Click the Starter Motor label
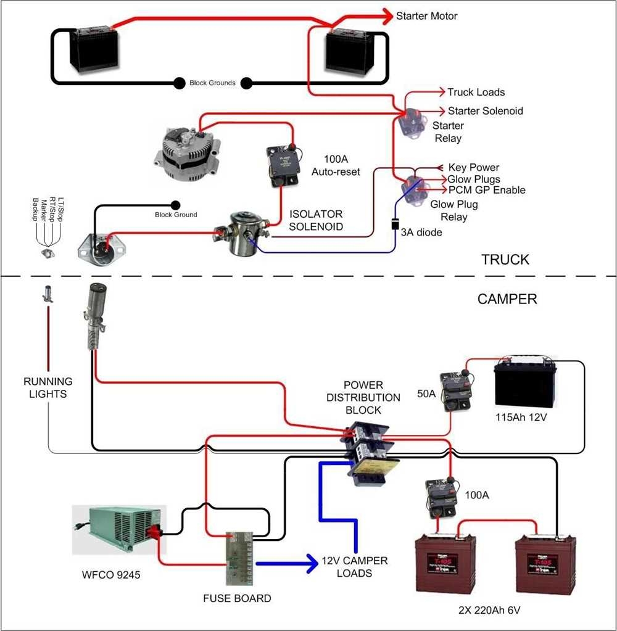coord(426,15)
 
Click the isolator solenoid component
coord(239,234)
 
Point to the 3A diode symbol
coord(395,224)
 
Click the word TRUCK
coord(505,260)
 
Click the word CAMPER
coord(507,299)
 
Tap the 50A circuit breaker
coord(456,391)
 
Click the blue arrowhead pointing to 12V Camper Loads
coord(309,563)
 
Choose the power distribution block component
coord(369,453)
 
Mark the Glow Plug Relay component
coord(413,188)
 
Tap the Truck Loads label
coord(476,93)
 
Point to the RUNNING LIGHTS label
coord(48,387)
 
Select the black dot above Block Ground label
coord(175,205)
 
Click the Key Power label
coord(473,168)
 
